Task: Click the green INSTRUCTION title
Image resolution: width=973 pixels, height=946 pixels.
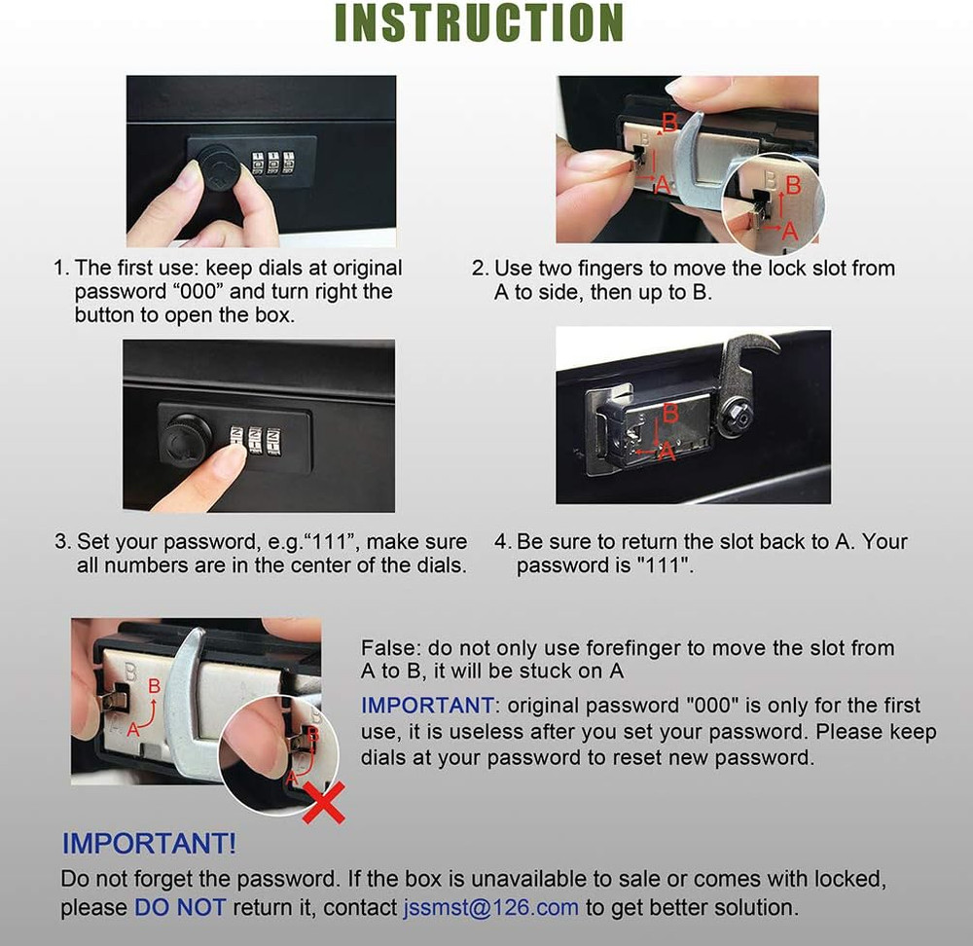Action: (479, 23)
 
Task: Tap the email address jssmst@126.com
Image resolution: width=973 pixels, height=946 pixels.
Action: (490, 907)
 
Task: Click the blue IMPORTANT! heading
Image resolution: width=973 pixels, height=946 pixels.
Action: (149, 843)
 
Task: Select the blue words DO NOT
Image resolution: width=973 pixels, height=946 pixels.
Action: (180, 907)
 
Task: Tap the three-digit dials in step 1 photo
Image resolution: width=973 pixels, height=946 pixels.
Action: (273, 161)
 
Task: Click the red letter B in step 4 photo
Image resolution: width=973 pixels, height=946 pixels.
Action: (669, 414)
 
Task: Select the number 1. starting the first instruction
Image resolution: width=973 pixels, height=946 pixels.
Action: (62, 268)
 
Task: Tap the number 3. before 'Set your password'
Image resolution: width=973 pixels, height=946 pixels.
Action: (62, 542)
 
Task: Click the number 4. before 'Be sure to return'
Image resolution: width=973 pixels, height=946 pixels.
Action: (502, 542)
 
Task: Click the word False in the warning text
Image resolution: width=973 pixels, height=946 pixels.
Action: (385, 648)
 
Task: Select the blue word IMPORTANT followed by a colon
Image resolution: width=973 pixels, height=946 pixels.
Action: (427, 705)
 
